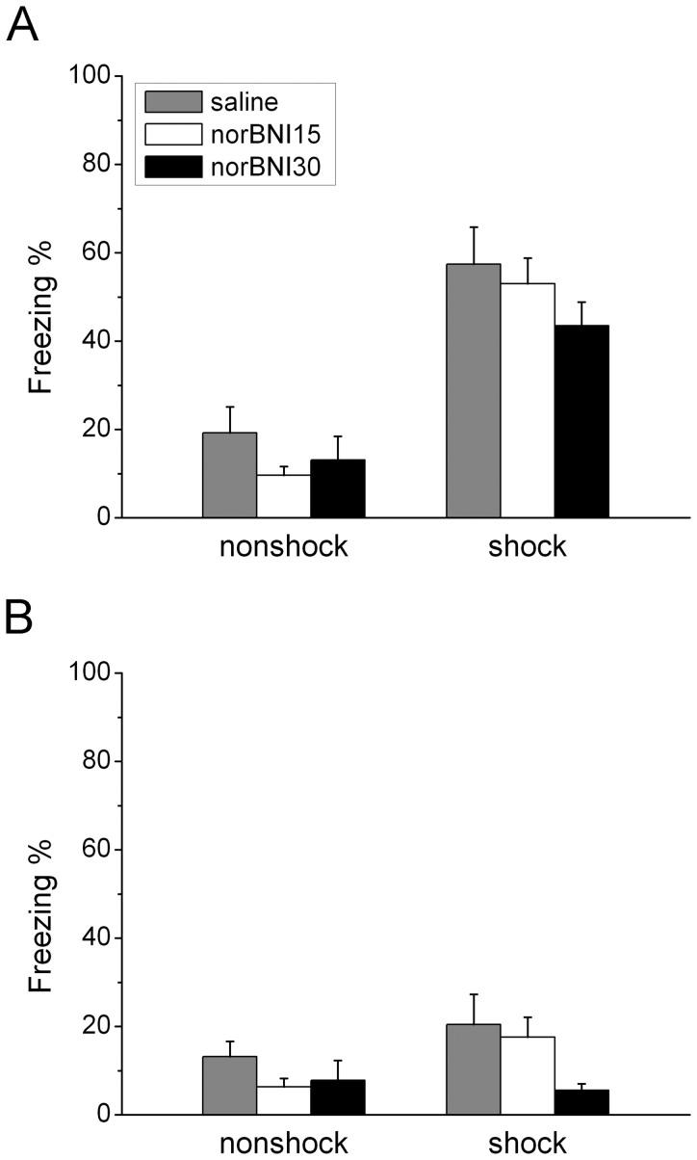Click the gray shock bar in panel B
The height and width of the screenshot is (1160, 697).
coord(473,1068)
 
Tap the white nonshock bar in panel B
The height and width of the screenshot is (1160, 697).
coord(283,1100)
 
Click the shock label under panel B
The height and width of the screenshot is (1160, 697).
coord(527,1144)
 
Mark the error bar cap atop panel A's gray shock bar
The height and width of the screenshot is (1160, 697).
coord(473,227)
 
